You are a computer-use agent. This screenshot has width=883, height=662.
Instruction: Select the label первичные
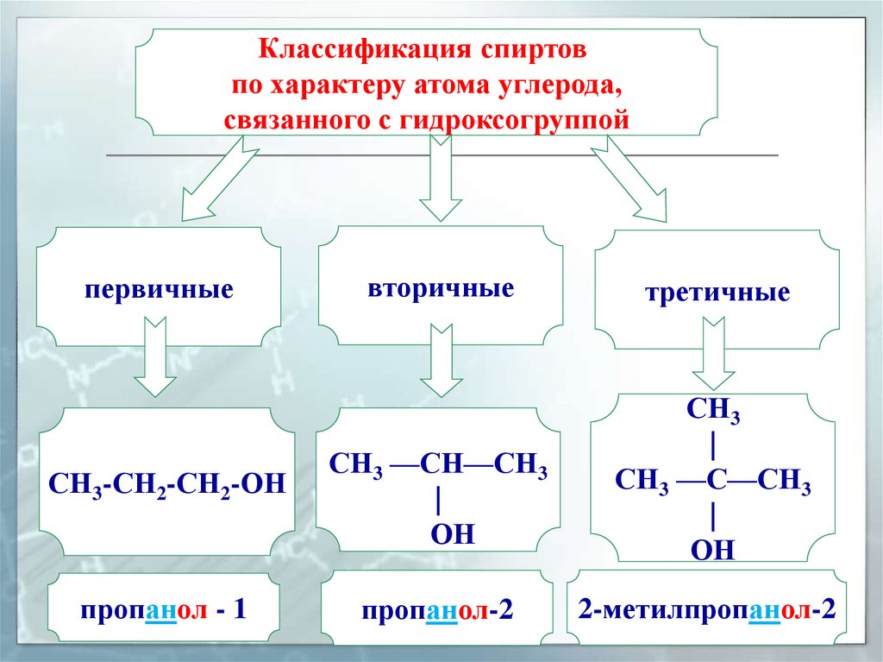click(159, 287)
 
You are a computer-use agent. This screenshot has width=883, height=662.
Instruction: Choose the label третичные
click(717, 293)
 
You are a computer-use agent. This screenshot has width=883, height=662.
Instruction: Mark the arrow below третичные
click(715, 354)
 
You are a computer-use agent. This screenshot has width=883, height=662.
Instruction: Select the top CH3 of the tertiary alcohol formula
click(713, 410)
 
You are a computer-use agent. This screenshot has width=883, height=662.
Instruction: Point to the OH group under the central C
click(713, 549)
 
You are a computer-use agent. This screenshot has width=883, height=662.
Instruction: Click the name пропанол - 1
click(164, 610)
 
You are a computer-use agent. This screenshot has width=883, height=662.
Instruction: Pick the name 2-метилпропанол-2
click(707, 610)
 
